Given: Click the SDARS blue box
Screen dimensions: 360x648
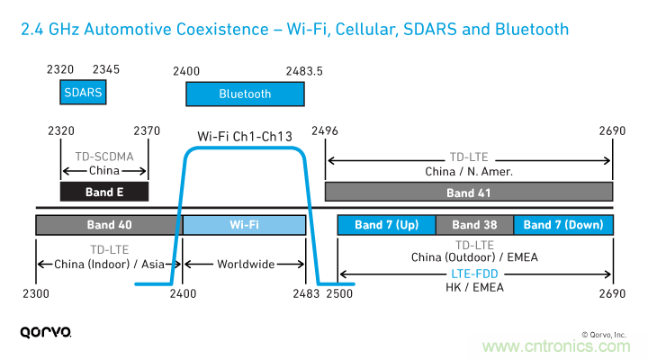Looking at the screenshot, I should pyautogui.click(x=83, y=92).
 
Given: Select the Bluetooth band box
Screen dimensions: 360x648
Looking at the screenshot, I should pyautogui.click(x=245, y=94).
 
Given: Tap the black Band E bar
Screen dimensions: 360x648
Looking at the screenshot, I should pyautogui.click(x=103, y=192).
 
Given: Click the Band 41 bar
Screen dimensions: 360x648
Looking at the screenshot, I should pyautogui.click(x=468, y=193).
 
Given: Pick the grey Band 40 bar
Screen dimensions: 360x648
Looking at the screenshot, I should pyautogui.click(x=107, y=224).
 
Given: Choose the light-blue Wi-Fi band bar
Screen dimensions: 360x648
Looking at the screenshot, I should pyautogui.click(x=245, y=224).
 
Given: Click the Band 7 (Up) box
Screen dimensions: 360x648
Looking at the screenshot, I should pyautogui.click(x=386, y=224).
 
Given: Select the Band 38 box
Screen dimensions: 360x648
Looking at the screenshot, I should pyautogui.click(x=474, y=224).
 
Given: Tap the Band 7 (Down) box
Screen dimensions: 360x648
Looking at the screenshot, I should pyautogui.click(x=563, y=224).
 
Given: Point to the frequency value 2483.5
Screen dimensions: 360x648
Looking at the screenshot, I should pyautogui.click(x=304, y=69).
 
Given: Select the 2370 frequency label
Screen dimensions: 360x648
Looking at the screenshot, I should pyautogui.click(x=147, y=131).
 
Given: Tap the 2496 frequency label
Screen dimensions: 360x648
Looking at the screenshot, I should pyautogui.click(x=325, y=131).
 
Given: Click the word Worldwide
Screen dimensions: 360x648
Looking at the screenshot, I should pyautogui.click(x=245, y=265).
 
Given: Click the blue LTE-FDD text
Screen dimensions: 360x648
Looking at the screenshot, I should pyautogui.click(x=473, y=273).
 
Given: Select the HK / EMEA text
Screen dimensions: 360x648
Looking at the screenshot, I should pyautogui.click(x=473, y=287).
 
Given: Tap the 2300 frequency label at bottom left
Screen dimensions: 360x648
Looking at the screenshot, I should pyautogui.click(x=37, y=293).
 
